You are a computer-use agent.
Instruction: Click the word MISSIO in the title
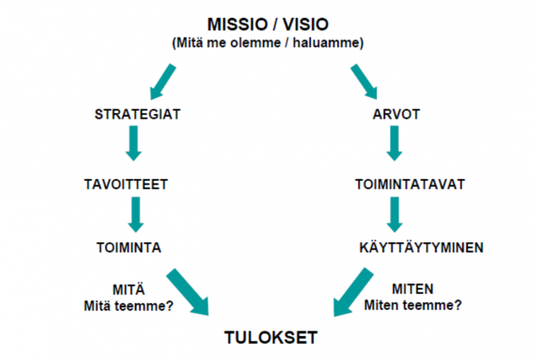pos(237,24)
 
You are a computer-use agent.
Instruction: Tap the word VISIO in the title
pos(306,24)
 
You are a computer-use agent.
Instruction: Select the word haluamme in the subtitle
pos(328,43)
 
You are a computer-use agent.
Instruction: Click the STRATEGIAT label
pos(137,114)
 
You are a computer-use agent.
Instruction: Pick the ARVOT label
pos(396,114)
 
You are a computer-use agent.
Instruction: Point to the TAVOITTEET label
pos(126,184)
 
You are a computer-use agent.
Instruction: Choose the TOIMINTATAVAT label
pos(410,184)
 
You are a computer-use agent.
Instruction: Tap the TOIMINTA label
pos(128,248)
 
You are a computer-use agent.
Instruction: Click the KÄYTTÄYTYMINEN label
pos(422,247)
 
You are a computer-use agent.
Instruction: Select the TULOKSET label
pos(271,338)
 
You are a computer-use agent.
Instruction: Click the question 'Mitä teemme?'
pos(128,306)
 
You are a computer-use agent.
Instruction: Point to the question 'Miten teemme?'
pos(413,305)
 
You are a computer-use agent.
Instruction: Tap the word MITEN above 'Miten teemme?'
pos(413,290)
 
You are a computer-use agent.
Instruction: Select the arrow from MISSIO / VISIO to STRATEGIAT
pos(163,82)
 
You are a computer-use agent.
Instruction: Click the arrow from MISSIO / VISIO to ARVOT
pos(364,82)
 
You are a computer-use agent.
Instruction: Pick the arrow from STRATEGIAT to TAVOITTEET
pos(134,143)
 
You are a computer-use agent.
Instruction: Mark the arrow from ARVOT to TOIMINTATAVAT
pos(394,143)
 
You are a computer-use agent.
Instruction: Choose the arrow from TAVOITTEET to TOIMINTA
pos(136,215)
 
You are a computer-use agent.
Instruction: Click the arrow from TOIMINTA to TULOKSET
pos(187,292)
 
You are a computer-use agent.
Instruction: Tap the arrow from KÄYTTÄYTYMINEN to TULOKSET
pos(353,292)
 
